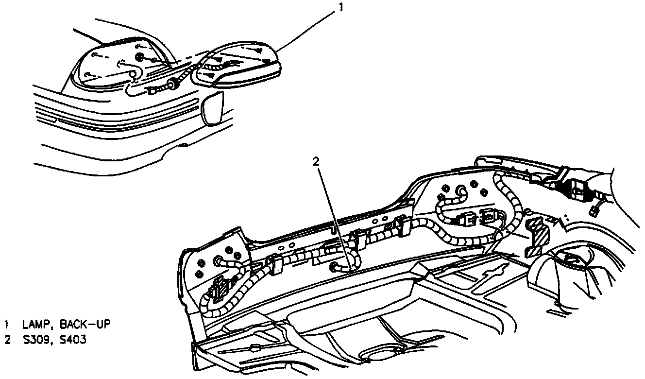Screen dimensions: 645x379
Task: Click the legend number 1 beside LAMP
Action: pyautogui.click(x=7, y=324)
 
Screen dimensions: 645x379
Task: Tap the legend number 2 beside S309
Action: pyautogui.click(x=7, y=340)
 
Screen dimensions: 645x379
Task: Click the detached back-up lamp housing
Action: pyautogui.click(x=238, y=66)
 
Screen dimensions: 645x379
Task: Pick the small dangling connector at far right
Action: pyautogui.click(x=594, y=211)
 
